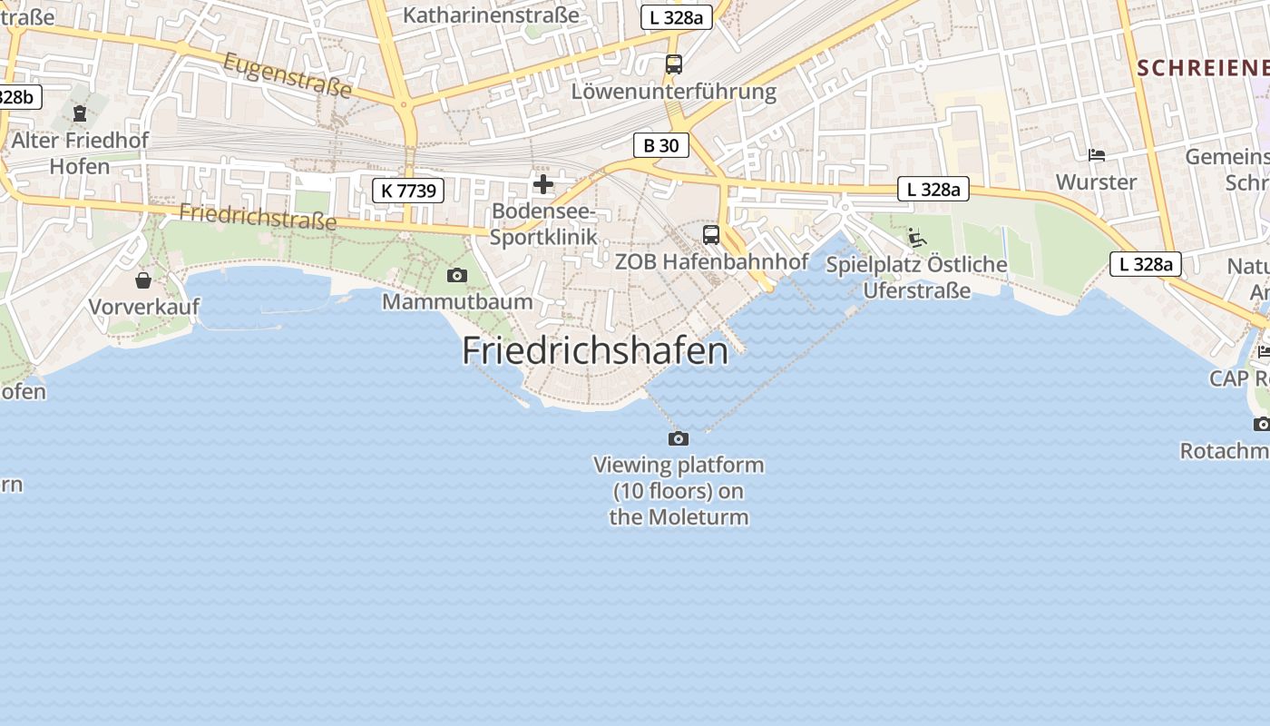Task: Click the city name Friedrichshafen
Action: coord(594,351)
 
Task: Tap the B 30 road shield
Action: coord(660,145)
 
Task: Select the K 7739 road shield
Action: coord(408,191)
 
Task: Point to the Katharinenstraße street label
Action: coord(491,15)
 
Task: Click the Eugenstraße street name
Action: coord(288,75)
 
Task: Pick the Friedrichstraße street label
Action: coord(258,216)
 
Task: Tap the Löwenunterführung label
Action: coord(673,92)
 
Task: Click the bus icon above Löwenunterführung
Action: coord(673,64)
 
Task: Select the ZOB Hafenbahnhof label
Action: coord(711,261)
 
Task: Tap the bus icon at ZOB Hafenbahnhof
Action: coord(711,235)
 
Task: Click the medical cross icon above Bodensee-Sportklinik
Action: coord(543,184)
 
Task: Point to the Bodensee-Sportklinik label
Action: coord(543,224)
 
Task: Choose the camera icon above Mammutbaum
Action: coord(457,275)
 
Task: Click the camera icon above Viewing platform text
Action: coord(678,439)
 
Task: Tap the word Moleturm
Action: coord(704,517)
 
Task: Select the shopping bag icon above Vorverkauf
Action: coord(143,280)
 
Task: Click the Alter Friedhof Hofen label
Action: coord(80,153)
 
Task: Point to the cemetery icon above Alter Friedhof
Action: coord(80,114)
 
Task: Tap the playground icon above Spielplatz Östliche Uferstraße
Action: coord(917,238)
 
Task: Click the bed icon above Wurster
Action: coord(1097,155)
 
